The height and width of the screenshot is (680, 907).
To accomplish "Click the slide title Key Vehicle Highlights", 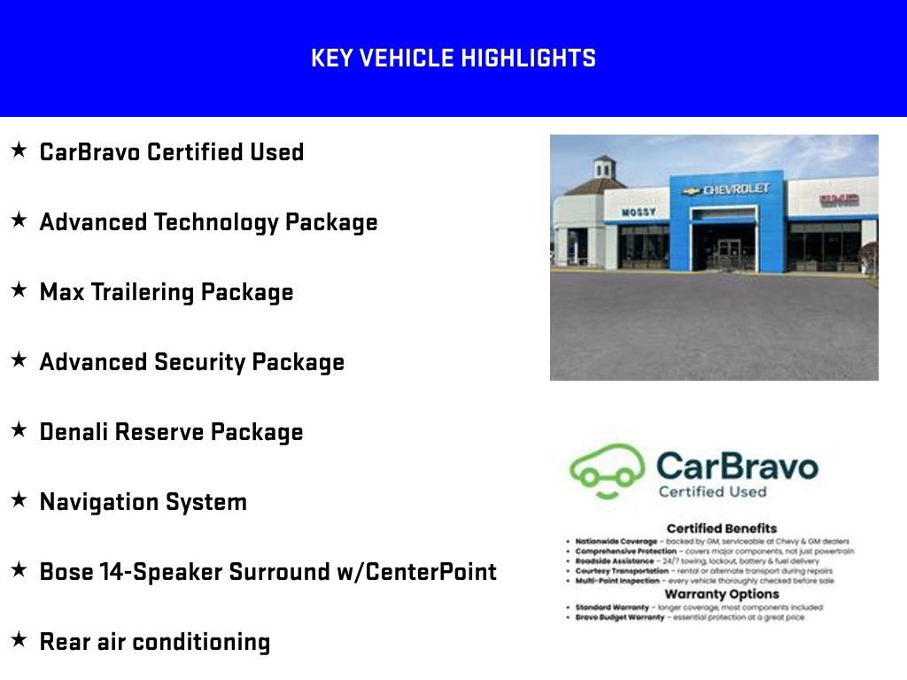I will (453, 58).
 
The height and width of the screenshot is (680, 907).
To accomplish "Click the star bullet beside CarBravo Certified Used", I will (19, 151).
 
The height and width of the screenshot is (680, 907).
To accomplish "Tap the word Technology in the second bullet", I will (216, 222).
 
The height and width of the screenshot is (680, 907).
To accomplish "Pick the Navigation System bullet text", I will (143, 502).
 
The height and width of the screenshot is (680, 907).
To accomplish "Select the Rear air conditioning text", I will (154, 642).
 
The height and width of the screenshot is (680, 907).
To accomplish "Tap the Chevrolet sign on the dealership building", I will (727, 189).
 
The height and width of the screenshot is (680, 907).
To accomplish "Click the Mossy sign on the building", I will (638, 212).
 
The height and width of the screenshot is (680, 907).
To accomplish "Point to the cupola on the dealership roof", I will (604, 166).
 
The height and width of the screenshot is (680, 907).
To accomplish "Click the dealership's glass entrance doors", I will (729, 252).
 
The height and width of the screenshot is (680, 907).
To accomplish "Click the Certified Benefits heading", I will (721, 529).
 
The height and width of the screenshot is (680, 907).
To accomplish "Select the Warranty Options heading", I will (721, 594).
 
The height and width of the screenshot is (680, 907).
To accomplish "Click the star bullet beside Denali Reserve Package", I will (19, 429).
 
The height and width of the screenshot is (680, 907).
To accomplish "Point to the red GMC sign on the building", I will (838, 200).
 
